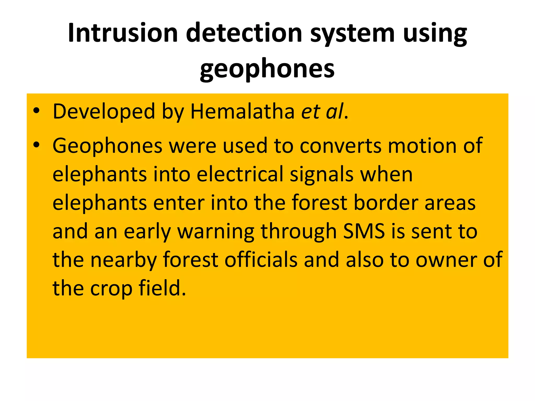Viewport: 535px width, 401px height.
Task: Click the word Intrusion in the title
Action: click(x=123, y=33)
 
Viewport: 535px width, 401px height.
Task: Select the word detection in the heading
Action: click(x=244, y=33)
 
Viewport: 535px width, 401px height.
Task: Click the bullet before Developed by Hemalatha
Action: click(x=36, y=111)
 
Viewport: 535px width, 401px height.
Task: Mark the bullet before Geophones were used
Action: click(x=36, y=145)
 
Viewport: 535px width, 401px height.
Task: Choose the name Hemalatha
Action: click(x=243, y=111)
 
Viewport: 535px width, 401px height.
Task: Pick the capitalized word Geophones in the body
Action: click(x=107, y=146)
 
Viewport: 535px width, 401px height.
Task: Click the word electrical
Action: click(x=240, y=174)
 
